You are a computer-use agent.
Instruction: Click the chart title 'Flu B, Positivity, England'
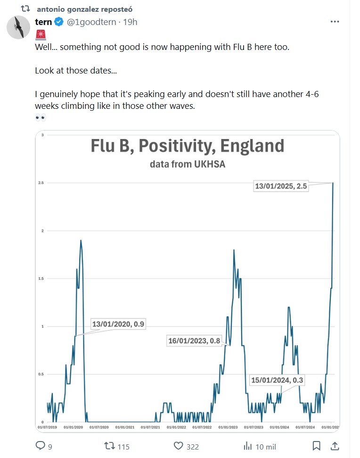187,146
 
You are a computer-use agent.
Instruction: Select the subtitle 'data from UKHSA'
187,164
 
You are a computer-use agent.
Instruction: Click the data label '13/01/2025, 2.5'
281,187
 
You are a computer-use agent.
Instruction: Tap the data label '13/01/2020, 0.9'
118,324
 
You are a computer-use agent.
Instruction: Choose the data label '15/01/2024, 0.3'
277,380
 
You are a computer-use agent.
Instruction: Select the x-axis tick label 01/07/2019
46,427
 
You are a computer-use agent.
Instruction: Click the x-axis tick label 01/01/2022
176,427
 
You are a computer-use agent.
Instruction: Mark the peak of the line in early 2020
81,240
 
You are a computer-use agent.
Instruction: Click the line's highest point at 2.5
333,183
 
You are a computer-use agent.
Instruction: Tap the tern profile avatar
18,27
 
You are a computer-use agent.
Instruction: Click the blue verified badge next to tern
59,22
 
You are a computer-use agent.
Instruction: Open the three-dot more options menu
335,22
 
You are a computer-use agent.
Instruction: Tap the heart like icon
178,446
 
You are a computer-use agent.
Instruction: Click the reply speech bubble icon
41,446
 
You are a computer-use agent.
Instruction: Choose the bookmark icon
317,446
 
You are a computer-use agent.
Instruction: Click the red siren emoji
40,34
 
